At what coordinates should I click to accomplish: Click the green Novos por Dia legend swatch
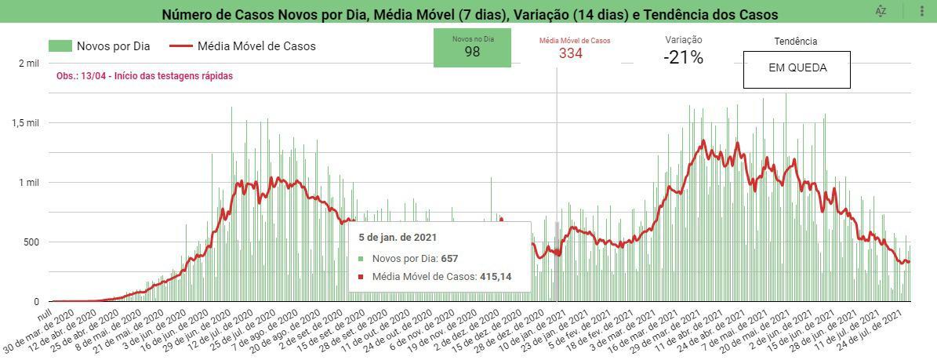pos(60,46)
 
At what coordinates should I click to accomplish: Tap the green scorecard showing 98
pos(472,47)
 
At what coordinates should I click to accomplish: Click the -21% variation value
pos(683,57)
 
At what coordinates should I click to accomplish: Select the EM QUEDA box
pos(797,69)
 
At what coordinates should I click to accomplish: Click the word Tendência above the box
pos(795,42)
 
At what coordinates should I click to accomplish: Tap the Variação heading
pos(683,40)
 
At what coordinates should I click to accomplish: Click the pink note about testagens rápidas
pos(144,76)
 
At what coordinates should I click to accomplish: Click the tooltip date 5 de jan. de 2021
pos(398,238)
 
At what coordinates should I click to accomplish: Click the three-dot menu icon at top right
pos(921,11)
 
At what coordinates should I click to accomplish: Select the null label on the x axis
pos(44,311)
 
